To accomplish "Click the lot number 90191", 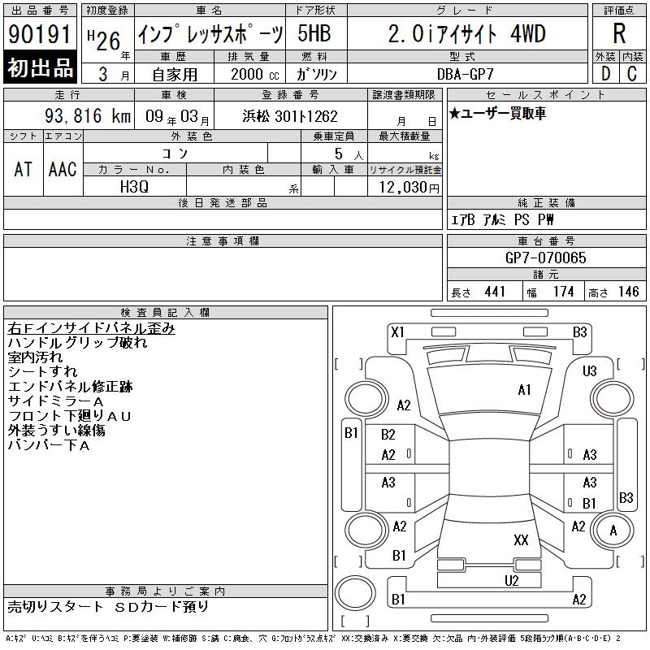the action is [40, 34].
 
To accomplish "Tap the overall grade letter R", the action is [619, 33].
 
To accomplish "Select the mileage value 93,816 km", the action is [88, 115].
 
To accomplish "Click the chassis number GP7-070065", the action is [545, 258].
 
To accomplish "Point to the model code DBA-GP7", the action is [466, 74].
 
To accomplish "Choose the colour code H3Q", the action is [134, 187].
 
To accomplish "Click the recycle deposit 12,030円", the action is [409, 188].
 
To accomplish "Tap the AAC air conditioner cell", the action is [63, 169].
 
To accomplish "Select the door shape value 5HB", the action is [314, 33].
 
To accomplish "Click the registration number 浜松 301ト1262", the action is [290, 116].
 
